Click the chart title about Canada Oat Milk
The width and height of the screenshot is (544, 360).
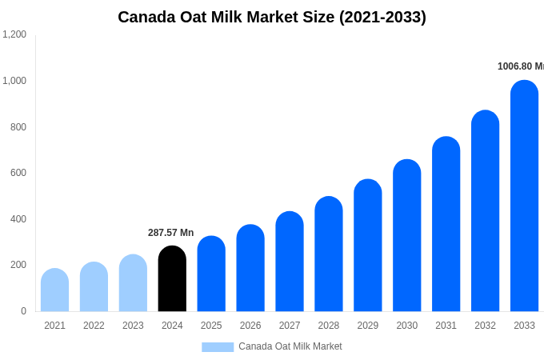[x=272, y=17]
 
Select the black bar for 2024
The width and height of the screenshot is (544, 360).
[x=172, y=279]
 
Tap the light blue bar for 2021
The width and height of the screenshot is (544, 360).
[x=54, y=290]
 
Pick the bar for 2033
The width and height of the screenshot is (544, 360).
[x=524, y=196]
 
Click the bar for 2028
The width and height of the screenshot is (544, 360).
[x=329, y=254]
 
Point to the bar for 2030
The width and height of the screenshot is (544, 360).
[x=406, y=236]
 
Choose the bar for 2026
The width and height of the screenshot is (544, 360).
[x=250, y=268]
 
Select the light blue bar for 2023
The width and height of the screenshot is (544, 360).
[x=133, y=283]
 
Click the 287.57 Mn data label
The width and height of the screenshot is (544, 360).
[x=170, y=233]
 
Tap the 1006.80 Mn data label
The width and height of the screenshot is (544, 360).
[x=520, y=66]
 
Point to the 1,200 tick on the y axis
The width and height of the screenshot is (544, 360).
[x=14, y=34]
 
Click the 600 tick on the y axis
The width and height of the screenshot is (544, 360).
[x=18, y=173]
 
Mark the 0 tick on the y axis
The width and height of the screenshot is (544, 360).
[x=23, y=311]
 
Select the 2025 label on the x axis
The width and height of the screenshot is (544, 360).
[x=211, y=326]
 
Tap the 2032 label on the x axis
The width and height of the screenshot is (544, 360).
[x=485, y=326]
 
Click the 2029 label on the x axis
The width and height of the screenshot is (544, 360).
[x=368, y=326]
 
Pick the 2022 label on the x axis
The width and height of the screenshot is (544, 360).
[x=94, y=326]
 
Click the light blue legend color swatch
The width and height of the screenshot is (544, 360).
[x=218, y=347]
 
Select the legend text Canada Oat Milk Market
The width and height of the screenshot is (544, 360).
[x=290, y=346]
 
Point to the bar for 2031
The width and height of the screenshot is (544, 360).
[x=446, y=224]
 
